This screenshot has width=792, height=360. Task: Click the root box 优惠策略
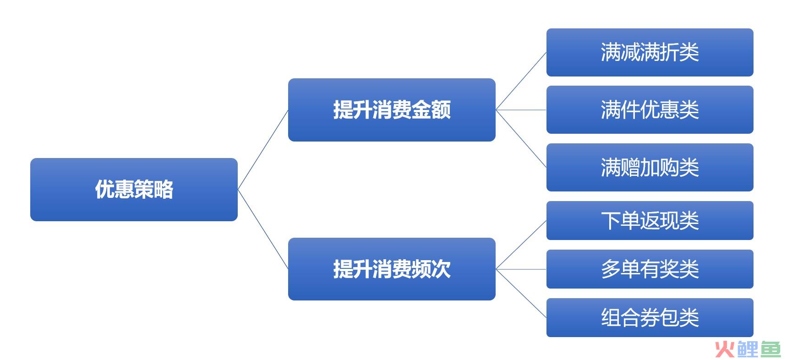pyautogui.click(x=134, y=190)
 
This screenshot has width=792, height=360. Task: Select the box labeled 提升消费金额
pyautogui.click(x=392, y=110)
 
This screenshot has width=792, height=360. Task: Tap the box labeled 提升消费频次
pyautogui.click(x=392, y=269)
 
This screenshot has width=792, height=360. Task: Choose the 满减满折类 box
pyautogui.click(x=650, y=52)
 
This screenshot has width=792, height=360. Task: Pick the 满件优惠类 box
pyautogui.click(x=650, y=110)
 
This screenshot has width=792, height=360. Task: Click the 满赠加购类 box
pyautogui.click(x=650, y=167)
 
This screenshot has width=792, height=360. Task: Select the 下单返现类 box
pyautogui.click(x=650, y=220)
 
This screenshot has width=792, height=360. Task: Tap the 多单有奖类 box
pyautogui.click(x=650, y=269)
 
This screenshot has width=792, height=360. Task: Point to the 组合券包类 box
pyautogui.click(x=650, y=317)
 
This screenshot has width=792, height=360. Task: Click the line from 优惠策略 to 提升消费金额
pyautogui.click(x=263, y=150)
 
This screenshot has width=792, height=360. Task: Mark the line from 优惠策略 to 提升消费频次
pyautogui.click(x=263, y=229)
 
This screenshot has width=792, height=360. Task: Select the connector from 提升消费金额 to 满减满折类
pyautogui.click(x=521, y=81)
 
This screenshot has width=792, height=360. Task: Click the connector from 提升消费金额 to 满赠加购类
pyautogui.click(x=521, y=139)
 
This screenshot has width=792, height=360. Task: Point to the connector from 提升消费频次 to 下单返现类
pyautogui.click(x=521, y=245)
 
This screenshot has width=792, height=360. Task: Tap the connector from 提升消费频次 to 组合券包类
pyautogui.click(x=521, y=293)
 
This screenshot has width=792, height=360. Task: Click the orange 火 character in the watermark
pyautogui.click(x=725, y=349)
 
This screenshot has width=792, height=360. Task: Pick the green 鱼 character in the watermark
pyautogui.click(x=770, y=349)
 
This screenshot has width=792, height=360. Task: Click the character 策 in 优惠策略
pyautogui.click(x=144, y=190)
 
